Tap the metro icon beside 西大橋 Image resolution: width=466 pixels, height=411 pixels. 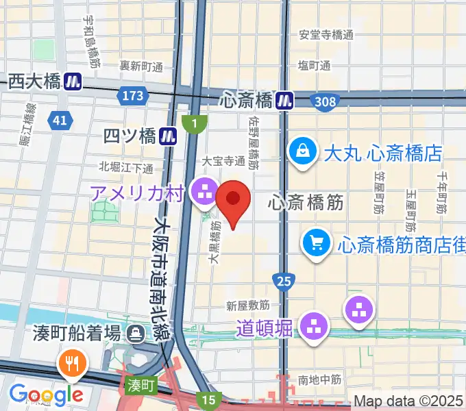pos(73,82)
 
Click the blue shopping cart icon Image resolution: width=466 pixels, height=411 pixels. pos(317,242)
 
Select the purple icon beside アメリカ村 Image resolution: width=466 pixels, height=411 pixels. pos(204,192)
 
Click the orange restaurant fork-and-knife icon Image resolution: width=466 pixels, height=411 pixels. pos(72,363)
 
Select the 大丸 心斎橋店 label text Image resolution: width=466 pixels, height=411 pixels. pos(383,153)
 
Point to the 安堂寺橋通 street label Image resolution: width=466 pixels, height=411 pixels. pos(326,34)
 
